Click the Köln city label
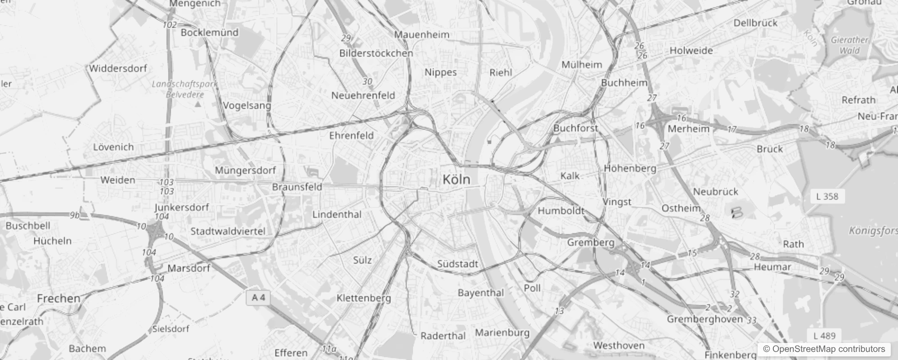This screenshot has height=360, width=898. [x=456, y=180]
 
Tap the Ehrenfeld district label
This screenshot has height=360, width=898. [x=351, y=135]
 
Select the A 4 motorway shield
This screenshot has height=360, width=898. [x=259, y=297]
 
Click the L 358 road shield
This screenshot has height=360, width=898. [x=827, y=196]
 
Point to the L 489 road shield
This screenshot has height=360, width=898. [x=824, y=336]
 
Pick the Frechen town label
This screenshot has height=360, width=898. [x=58, y=298]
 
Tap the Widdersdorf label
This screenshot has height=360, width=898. [x=118, y=68]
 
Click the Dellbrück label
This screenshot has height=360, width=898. [x=755, y=23]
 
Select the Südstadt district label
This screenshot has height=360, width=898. [x=458, y=264]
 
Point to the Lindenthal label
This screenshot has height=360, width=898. [x=337, y=214]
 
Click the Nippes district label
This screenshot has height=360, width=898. [x=440, y=72]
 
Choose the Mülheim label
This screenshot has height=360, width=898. [x=582, y=65]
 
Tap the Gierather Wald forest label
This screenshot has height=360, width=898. [x=849, y=45]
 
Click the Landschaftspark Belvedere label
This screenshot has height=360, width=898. [x=185, y=89]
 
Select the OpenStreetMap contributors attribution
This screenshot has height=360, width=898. [x=823, y=349]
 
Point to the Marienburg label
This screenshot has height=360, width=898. [x=502, y=333]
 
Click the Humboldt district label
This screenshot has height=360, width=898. [x=561, y=211]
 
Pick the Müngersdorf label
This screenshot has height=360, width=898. [x=245, y=171]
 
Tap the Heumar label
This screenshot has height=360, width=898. [x=772, y=267]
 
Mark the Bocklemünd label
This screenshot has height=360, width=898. [x=210, y=32]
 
